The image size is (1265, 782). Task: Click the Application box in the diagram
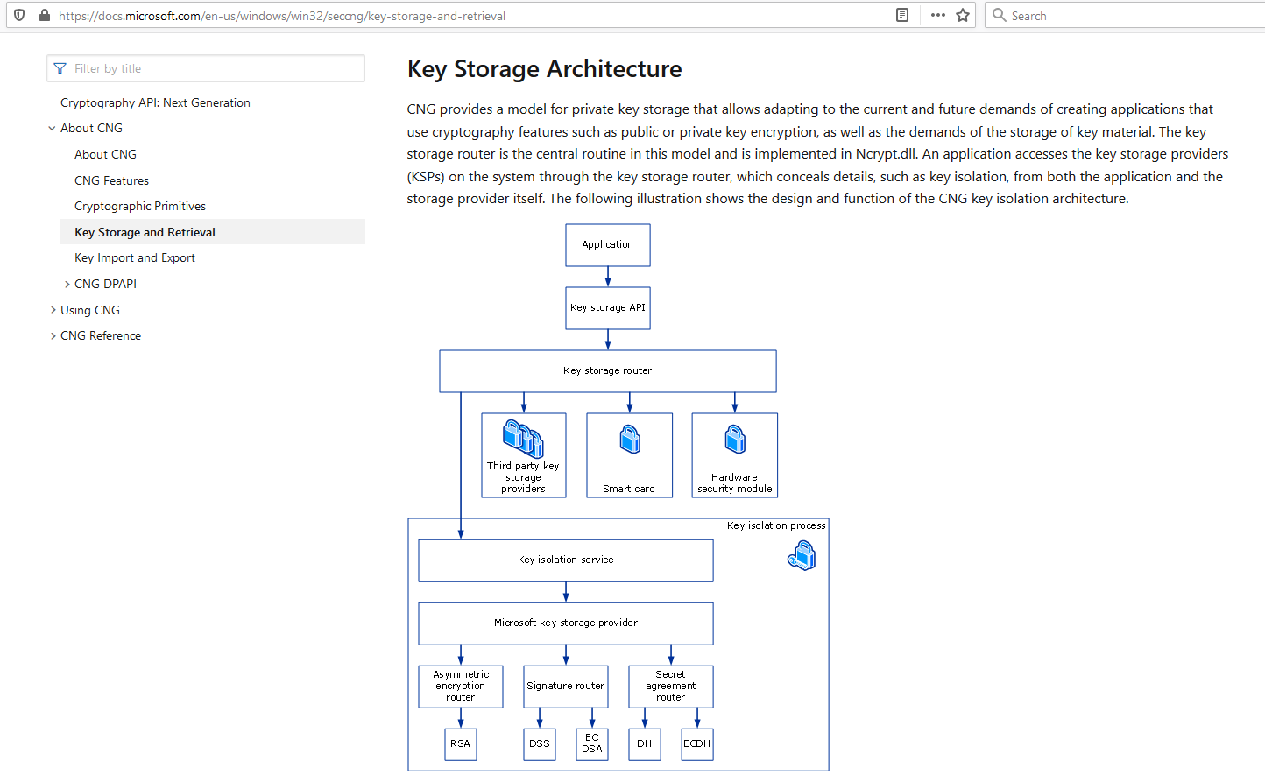[608, 245]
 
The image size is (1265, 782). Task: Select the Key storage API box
[608, 308]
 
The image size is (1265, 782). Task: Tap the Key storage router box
[608, 371]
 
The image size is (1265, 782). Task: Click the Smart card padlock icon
[630, 440]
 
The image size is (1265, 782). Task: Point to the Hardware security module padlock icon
[735, 440]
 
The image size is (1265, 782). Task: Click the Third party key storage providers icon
[523, 439]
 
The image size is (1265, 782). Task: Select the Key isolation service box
[565, 560]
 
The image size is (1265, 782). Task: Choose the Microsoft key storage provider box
[565, 623]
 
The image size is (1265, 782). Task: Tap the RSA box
[460, 744]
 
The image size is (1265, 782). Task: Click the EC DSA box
[592, 744]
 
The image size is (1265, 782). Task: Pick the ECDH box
[696, 744]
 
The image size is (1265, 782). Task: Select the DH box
[645, 744]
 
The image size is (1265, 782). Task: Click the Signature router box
[565, 687]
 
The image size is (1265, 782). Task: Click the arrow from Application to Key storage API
[608, 277]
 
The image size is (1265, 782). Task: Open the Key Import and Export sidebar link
[134, 258]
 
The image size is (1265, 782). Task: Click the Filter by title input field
[206, 68]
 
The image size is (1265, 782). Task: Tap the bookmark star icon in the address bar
[963, 15]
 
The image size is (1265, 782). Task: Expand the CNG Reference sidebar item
[101, 336]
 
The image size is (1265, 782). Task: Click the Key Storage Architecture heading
[544, 69]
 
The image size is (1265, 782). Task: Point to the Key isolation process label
[776, 525]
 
